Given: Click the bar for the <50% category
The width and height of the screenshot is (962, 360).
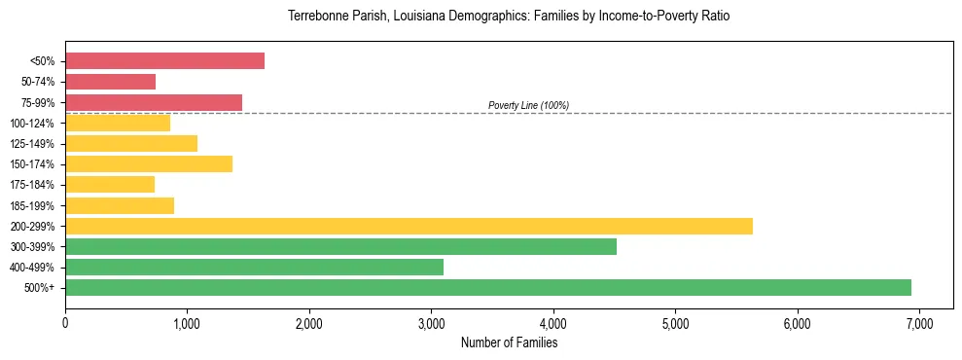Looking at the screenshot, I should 164,61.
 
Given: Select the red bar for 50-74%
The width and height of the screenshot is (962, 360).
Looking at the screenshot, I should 110,82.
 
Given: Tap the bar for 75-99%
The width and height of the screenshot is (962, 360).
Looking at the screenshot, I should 154,102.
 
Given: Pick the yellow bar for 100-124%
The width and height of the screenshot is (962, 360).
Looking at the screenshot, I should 118,123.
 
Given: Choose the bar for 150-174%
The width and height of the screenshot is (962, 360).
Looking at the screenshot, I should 149,164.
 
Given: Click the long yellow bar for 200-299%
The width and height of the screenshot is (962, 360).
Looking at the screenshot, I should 409,226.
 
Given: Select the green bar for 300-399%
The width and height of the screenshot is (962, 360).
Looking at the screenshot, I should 340,246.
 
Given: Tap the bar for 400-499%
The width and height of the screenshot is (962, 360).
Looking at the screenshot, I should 254,267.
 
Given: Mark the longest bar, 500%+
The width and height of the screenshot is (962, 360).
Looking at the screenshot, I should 488,287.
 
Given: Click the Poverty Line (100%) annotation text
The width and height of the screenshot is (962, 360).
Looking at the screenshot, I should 528,105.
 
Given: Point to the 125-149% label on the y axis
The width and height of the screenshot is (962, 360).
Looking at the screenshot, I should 32,144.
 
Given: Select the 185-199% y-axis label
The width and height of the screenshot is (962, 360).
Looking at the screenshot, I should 32,205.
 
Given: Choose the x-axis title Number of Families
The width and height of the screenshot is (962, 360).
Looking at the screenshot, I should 509,342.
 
